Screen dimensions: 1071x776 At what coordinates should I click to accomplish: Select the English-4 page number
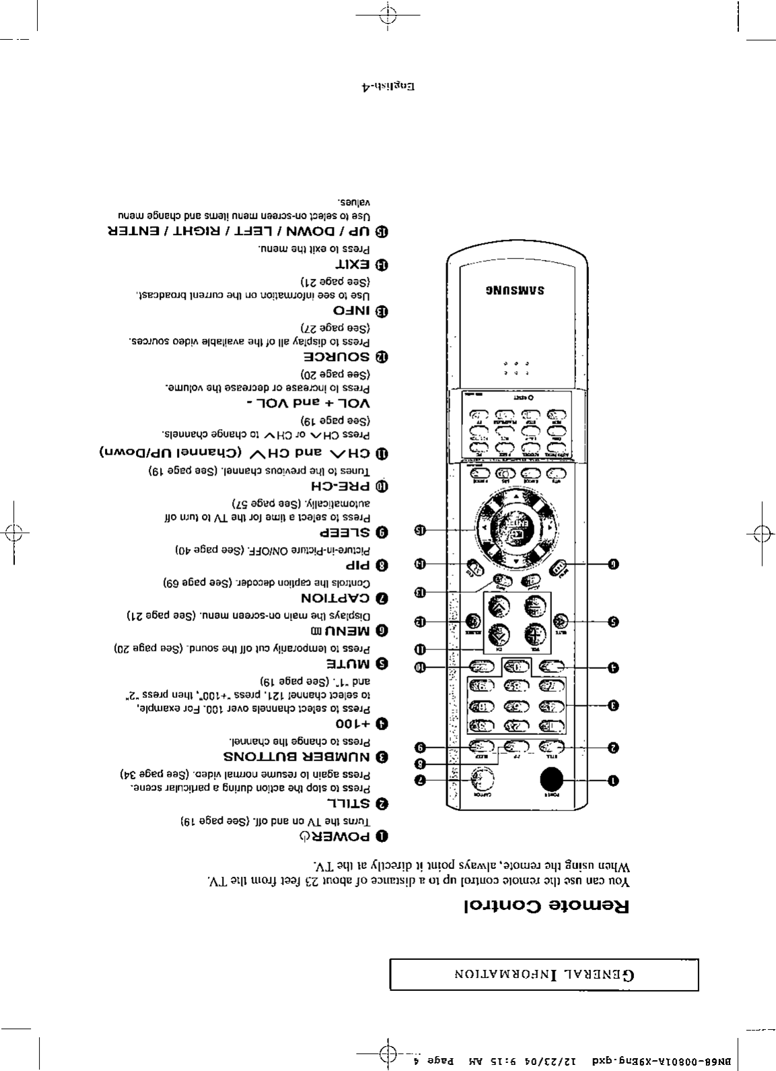(386, 87)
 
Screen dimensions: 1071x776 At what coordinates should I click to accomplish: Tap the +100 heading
(354, 724)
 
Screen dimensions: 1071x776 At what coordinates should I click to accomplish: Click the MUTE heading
(350, 663)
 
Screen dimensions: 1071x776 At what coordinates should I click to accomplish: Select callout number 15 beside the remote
(420, 529)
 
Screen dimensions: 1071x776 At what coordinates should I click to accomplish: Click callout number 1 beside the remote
(613, 780)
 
